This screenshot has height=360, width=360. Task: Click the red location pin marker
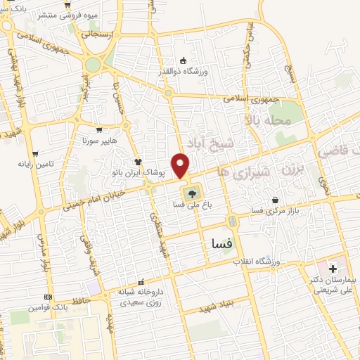(x=181, y=165)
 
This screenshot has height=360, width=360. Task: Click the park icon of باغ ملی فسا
(x=191, y=192)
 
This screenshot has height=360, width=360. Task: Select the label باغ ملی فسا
(x=191, y=205)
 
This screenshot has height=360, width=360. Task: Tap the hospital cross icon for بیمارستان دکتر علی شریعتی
(x=333, y=269)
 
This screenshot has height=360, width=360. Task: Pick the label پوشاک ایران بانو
(x=139, y=172)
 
